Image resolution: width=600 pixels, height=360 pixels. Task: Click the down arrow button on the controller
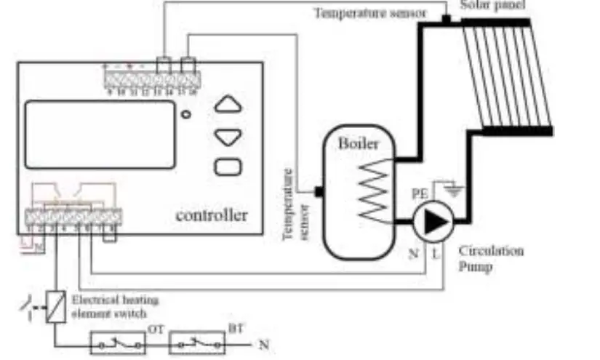tap(228, 136)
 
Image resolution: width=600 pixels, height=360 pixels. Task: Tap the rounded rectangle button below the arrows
tap(228, 167)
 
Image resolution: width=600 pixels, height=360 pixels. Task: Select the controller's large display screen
tap(100, 135)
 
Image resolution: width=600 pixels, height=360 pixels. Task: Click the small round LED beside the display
tap(186, 114)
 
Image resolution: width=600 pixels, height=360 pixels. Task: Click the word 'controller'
tap(211, 215)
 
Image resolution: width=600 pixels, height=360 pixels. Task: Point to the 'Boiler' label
tap(359, 144)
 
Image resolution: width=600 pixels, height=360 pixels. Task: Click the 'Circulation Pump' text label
tap(491, 258)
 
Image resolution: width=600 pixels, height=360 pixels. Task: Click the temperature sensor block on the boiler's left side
tap(318, 192)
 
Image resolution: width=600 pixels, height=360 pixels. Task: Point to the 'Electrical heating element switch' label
tap(115, 305)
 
